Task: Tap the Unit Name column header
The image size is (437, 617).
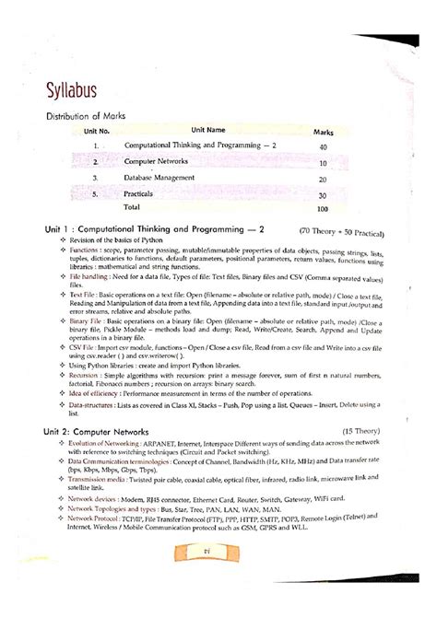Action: (x=207, y=131)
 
